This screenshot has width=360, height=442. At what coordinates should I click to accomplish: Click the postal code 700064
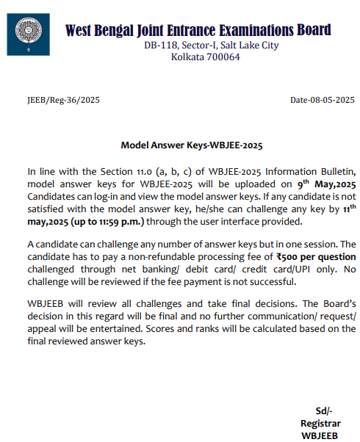tap(220, 58)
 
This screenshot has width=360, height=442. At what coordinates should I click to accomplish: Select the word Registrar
tap(320, 424)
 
